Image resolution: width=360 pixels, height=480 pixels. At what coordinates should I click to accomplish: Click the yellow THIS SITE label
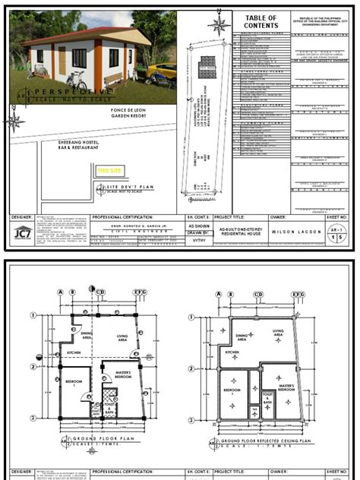click(108, 171)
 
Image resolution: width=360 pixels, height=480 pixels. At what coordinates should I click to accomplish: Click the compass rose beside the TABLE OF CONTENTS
click(221, 24)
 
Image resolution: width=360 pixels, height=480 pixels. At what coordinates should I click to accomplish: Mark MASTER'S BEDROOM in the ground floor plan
click(122, 374)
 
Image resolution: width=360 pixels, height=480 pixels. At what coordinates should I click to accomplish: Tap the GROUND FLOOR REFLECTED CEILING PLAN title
click(261, 441)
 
